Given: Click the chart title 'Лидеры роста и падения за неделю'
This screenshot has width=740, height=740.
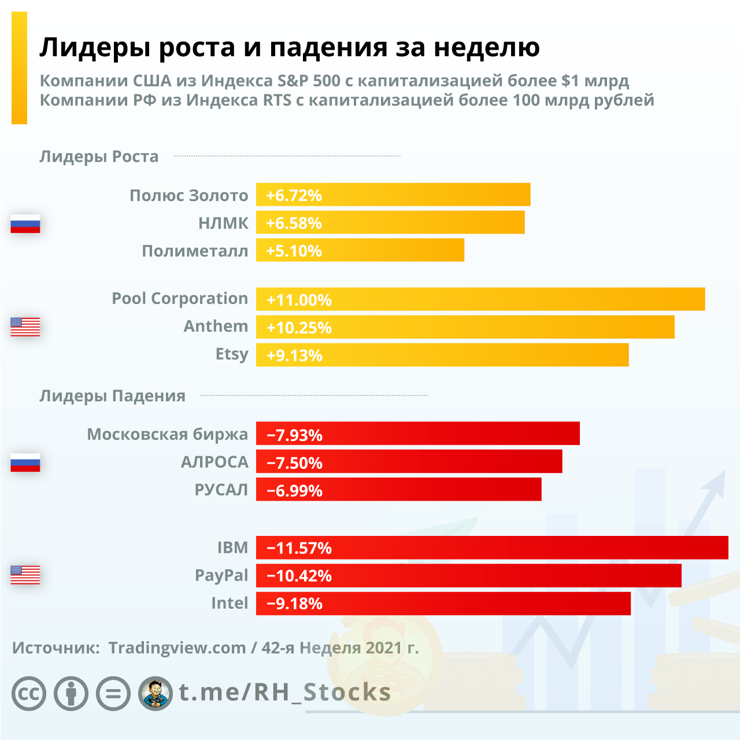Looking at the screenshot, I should click(x=289, y=47).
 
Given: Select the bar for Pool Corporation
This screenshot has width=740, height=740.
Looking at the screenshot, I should click(x=480, y=299).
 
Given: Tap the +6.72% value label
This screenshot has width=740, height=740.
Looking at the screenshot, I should click(x=294, y=195).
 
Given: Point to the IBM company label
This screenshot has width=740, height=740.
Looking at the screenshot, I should click(x=232, y=547).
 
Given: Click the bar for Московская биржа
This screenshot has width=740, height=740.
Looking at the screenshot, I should click(x=417, y=434).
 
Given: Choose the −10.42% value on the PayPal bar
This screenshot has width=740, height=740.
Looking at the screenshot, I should click(x=299, y=576).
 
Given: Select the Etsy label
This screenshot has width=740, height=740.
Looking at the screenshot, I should click(x=232, y=354).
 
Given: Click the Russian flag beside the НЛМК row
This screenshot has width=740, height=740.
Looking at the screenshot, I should click(x=25, y=223).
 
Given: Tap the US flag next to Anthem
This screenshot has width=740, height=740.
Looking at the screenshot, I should click(x=25, y=327).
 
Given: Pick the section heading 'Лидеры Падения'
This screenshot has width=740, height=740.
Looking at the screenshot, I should click(x=112, y=396).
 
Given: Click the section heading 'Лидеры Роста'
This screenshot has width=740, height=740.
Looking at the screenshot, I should click(x=99, y=157).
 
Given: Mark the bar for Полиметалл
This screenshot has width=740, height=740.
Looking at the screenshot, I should click(x=360, y=250).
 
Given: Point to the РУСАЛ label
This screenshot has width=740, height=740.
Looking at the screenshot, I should click(x=221, y=490).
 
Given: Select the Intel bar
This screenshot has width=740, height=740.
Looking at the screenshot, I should click(x=443, y=604).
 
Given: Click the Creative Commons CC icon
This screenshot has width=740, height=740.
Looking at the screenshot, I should click(x=29, y=693).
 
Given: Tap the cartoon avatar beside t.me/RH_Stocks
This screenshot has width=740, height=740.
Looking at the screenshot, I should click(x=156, y=693).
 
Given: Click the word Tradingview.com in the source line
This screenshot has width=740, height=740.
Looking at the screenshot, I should click(x=177, y=648).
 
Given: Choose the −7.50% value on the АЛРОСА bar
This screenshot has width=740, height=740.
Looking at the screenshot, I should click(x=294, y=462).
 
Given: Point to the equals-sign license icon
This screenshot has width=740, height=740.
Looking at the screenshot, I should click(x=113, y=693).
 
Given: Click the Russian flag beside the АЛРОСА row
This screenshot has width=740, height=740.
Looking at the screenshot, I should click(x=25, y=462).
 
